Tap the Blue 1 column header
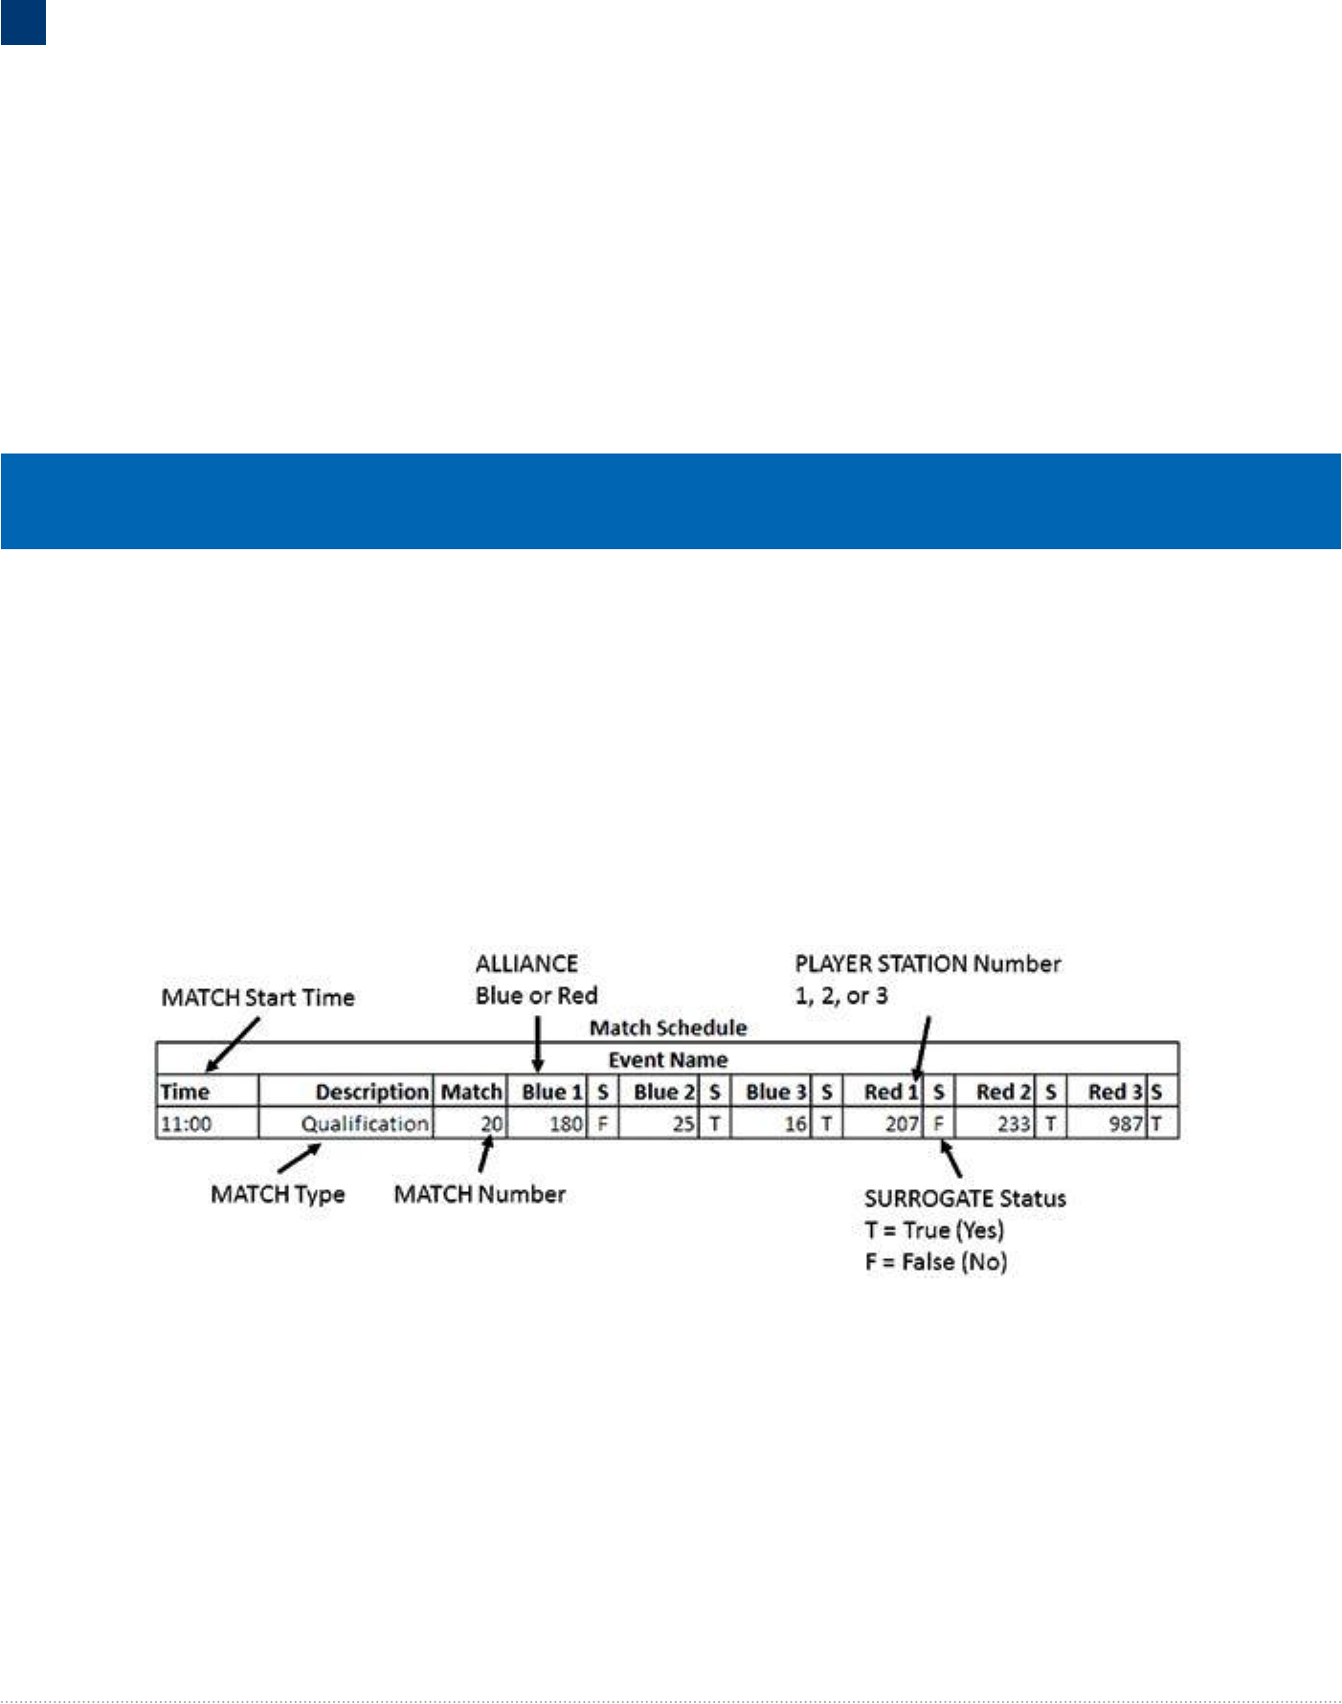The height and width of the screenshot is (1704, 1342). [551, 1092]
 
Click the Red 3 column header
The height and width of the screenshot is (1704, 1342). [1114, 1092]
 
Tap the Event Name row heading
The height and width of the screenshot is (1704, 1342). [667, 1059]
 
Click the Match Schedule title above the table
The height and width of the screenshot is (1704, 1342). [667, 1028]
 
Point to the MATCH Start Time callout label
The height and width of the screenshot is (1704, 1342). [257, 997]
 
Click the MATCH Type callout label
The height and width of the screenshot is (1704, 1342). [278, 1194]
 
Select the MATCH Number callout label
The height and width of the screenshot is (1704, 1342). [480, 1194]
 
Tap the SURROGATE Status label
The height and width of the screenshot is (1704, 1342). [964, 1198]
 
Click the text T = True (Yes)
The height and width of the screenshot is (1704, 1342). [933, 1229]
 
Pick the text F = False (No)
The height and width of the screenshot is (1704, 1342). [935, 1261]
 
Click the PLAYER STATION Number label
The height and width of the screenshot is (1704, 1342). [927, 963]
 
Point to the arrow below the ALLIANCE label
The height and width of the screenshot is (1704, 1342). [538, 1044]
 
